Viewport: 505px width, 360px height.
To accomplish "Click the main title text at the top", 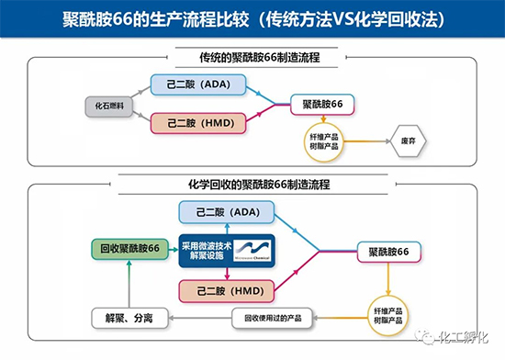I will [252, 19].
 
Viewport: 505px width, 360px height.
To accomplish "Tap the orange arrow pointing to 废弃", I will [371, 141].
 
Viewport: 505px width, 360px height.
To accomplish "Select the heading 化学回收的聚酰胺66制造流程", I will [252, 185].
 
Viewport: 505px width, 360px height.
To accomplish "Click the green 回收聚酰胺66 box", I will [129, 249].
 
